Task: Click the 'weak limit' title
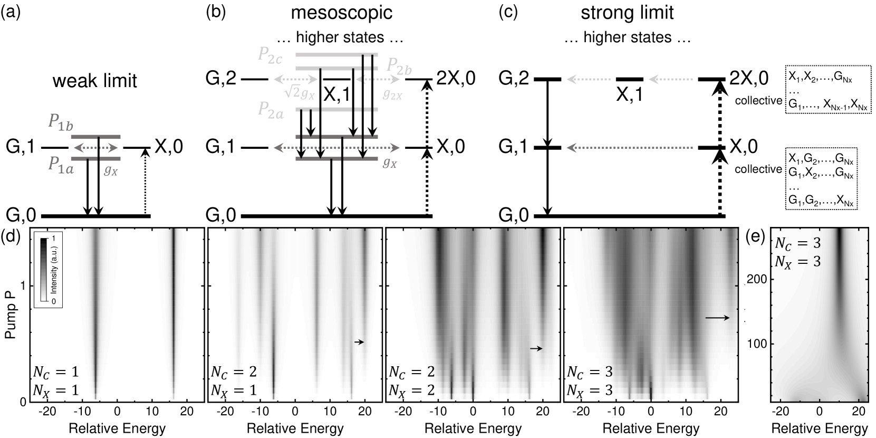point(95,81)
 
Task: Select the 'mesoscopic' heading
point(342,12)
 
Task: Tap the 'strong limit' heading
point(627,12)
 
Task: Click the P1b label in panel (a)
point(60,122)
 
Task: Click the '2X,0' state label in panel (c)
point(748,79)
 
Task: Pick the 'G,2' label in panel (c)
point(514,79)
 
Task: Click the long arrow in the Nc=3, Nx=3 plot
point(717,318)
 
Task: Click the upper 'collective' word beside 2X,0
point(758,100)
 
